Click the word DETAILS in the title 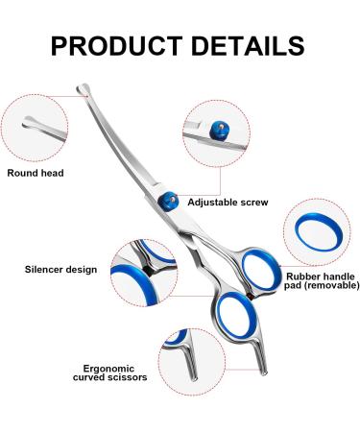246,45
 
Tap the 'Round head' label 36,173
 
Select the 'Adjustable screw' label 228,203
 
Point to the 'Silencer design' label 60,270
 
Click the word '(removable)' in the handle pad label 329,287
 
